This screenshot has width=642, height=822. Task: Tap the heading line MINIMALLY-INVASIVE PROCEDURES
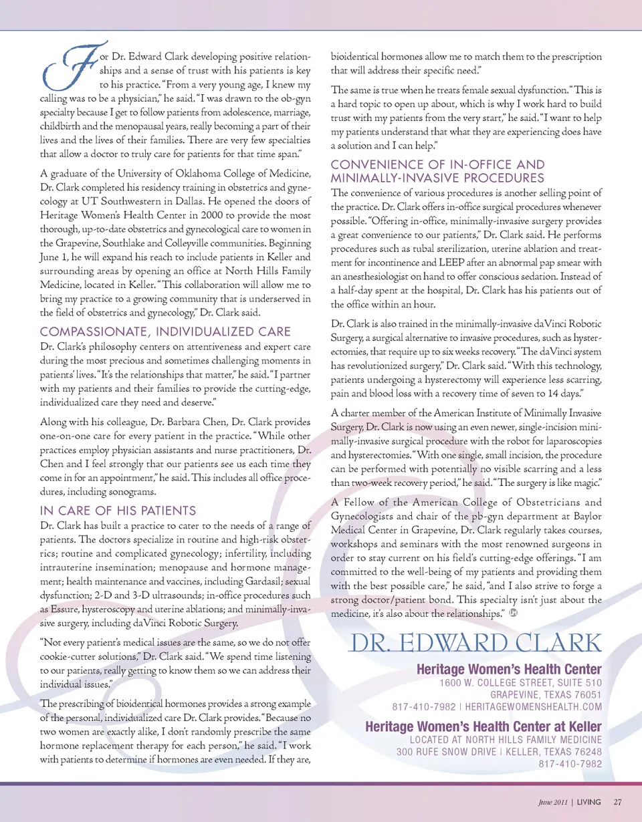click(438, 178)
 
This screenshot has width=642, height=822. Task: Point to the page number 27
click(618, 801)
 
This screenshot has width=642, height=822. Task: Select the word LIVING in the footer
click(589, 801)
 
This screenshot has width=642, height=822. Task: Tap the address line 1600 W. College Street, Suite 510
click(521, 682)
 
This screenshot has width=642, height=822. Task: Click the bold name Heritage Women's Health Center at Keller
click(484, 726)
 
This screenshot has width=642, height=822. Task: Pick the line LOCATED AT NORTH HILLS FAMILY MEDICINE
click(506, 739)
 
